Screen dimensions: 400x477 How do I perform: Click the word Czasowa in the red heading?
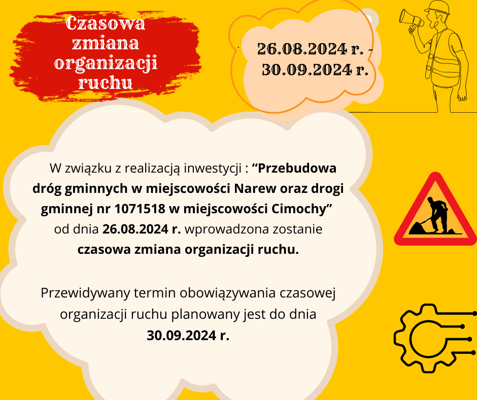point(106,23)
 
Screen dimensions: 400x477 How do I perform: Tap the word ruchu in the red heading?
point(106,82)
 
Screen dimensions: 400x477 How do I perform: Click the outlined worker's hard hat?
point(437,7)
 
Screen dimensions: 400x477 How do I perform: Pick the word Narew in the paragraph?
point(253,188)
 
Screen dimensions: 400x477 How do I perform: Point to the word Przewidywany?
point(85,293)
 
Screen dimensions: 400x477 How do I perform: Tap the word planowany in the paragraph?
point(201,314)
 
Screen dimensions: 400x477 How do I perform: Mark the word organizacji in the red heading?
point(106,63)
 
